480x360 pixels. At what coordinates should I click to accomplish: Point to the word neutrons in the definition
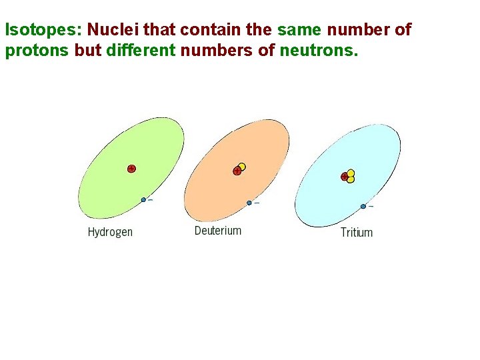point(323,51)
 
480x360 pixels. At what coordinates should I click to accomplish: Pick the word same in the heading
point(299,30)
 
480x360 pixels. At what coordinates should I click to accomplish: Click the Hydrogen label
point(110,232)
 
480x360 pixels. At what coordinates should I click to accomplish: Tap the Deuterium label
point(218,231)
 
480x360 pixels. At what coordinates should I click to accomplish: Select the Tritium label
point(357,233)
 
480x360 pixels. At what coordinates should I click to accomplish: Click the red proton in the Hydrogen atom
point(131,169)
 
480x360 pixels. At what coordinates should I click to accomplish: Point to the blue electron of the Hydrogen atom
point(143,199)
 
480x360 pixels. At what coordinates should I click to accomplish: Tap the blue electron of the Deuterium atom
point(249,203)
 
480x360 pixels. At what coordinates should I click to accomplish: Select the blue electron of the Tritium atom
point(363,206)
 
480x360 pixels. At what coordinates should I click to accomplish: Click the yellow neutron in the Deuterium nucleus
point(241,167)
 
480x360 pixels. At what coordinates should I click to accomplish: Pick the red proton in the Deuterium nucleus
point(237,171)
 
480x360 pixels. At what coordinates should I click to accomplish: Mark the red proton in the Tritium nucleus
point(345,177)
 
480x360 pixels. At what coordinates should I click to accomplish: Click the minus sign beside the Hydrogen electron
point(150,199)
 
